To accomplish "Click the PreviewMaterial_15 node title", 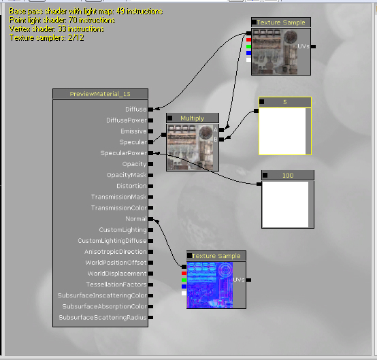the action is tap(100, 94).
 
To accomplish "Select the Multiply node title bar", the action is tap(193, 118).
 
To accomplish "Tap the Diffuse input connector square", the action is tap(150, 110).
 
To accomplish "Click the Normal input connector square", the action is tap(150, 219).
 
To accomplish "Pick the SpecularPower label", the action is tap(124, 153).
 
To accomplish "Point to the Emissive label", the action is tap(133, 131).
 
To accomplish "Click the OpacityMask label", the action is tap(127, 175).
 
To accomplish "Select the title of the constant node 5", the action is tap(285, 102).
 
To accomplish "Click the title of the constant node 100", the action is tap(288, 176).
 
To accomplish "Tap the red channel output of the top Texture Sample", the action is tap(248, 40).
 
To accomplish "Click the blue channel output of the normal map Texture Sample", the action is tap(184, 287).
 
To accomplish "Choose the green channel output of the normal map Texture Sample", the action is tap(184, 280).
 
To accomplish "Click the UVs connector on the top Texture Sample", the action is tap(313, 46).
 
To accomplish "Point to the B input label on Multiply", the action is tap(216, 140).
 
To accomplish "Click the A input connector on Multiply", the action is tap(221, 130).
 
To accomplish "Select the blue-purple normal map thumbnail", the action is tap(210, 285).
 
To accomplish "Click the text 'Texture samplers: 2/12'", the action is tap(47, 37).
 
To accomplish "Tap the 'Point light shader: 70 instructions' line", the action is tap(62, 20).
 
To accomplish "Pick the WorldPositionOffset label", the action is tap(116, 263).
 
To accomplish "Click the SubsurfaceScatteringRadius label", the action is tap(103, 317).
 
